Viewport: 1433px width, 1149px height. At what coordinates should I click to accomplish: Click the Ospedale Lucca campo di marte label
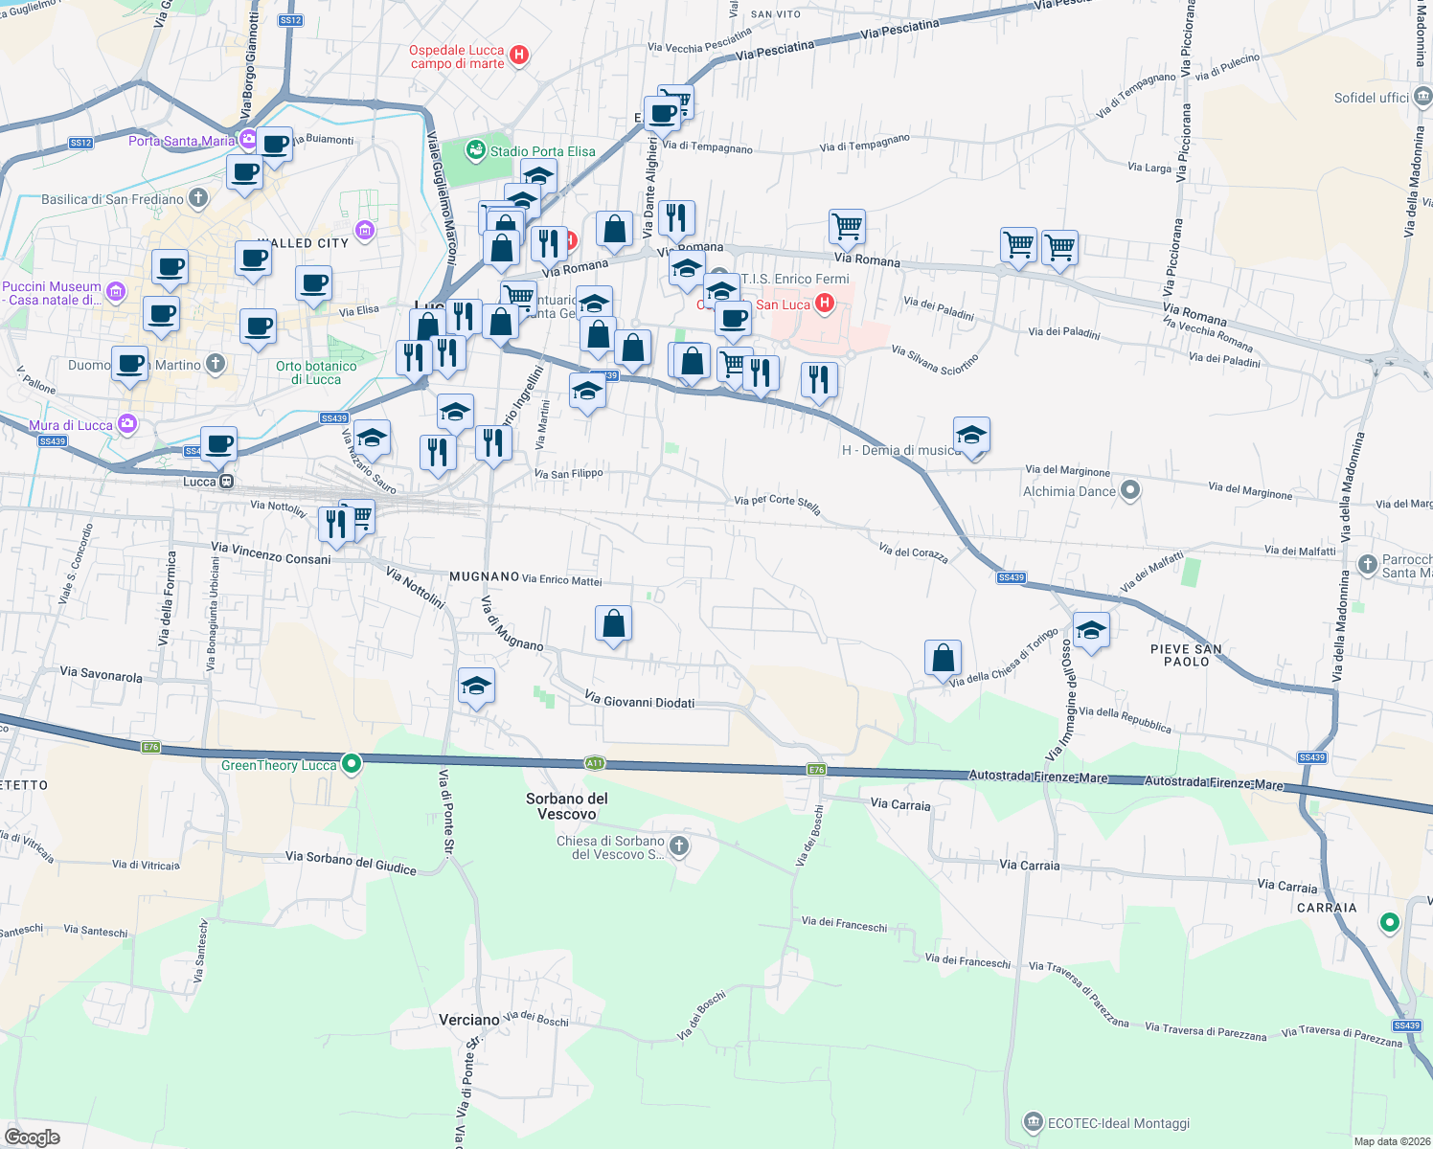[x=457, y=57]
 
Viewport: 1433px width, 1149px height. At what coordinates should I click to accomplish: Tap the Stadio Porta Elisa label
[x=542, y=151]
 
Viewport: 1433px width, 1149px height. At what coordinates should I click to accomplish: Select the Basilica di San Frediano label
[x=112, y=199]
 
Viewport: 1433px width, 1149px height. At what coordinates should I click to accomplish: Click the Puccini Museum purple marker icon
[x=116, y=292]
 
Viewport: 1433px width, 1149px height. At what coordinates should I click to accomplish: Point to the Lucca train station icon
[x=226, y=482]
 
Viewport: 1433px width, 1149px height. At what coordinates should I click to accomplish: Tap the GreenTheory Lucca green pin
[x=352, y=764]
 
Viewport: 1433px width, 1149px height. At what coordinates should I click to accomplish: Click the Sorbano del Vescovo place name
[x=567, y=806]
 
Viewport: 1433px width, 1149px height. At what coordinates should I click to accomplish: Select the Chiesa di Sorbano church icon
[x=679, y=845]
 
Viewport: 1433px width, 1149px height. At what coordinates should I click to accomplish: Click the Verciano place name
[x=469, y=1020]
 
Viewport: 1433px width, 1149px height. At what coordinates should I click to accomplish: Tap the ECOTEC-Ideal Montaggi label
[x=1119, y=1123]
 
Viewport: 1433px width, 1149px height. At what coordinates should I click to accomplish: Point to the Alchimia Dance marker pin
[x=1130, y=491]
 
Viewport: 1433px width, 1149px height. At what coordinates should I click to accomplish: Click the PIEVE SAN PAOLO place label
[x=1186, y=655]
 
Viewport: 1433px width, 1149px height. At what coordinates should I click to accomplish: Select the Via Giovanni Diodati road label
[x=639, y=701]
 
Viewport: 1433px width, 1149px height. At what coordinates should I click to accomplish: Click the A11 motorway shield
[x=595, y=763]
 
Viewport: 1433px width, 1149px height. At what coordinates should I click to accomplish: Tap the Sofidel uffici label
[x=1372, y=98]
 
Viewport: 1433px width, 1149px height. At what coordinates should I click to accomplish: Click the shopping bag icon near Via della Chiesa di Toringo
[x=944, y=658]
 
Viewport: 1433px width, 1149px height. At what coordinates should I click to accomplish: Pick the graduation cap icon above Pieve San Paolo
[x=1091, y=631]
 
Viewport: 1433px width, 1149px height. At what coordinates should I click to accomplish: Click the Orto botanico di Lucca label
[x=316, y=372]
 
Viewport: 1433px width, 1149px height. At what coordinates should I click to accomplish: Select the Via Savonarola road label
[x=101, y=674]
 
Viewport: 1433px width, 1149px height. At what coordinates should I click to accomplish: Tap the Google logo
[x=32, y=1138]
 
